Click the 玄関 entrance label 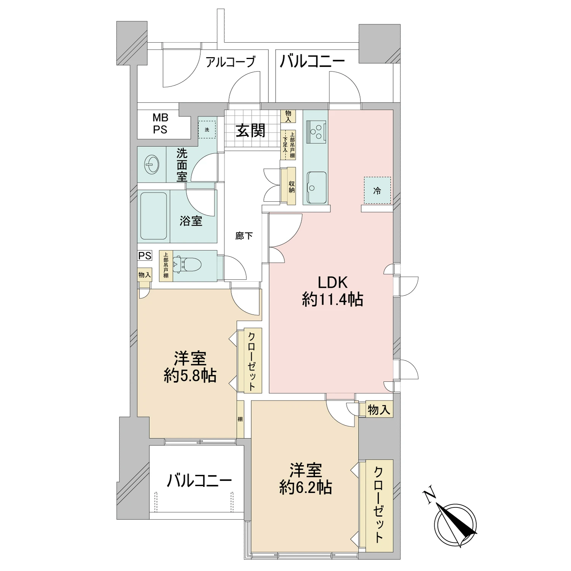point(250,131)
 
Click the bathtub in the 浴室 point(154,216)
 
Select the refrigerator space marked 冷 point(377,190)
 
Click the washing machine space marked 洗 point(207,129)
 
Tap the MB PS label point(160,124)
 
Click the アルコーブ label point(230,62)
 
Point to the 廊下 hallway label point(244,236)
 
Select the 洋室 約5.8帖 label point(190,367)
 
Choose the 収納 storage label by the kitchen point(292,186)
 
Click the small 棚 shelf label point(240,419)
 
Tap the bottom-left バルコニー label point(199,481)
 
